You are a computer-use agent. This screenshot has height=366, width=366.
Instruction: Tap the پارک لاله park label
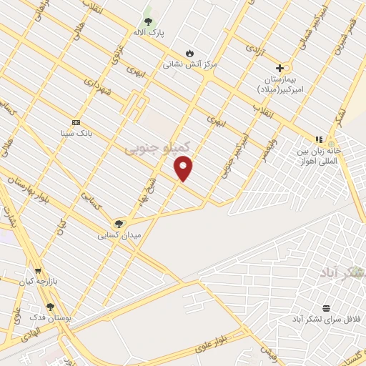click(x=147, y=32)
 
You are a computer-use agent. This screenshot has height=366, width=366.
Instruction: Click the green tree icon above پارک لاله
click(x=149, y=20)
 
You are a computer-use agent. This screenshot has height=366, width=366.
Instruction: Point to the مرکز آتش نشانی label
click(x=189, y=64)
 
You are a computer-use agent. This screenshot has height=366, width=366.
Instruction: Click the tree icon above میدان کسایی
click(x=119, y=223)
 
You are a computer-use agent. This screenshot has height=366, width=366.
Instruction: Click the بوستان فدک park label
click(x=50, y=317)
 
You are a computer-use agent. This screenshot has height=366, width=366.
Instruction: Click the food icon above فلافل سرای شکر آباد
click(x=326, y=308)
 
